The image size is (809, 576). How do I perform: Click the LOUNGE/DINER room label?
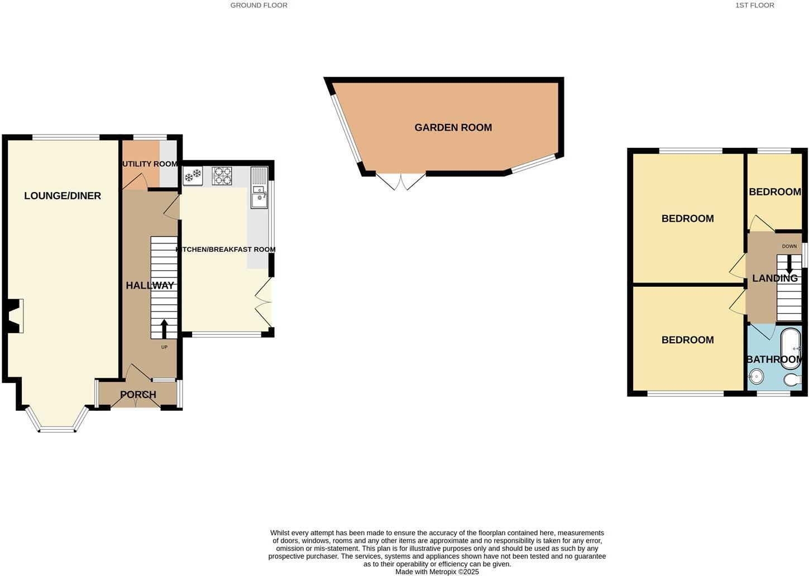[63, 196]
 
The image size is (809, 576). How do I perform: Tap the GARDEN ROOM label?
[453, 128]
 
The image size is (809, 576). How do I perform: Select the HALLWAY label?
[150, 286]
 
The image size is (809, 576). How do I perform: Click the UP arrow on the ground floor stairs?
[164, 329]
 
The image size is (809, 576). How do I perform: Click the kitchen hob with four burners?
[222, 176]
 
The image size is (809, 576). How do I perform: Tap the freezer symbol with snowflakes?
[193, 177]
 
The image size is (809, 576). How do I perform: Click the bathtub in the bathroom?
[790, 348]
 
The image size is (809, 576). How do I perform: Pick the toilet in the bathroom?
[792, 380]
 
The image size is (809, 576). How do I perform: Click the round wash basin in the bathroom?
[756, 377]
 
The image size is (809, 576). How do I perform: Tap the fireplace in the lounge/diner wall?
[16, 316]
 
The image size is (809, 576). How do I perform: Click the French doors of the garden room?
[401, 181]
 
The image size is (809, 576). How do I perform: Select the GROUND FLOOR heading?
[259, 5]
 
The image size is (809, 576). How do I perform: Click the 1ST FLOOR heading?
[754, 5]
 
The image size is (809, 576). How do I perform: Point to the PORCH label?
[138, 395]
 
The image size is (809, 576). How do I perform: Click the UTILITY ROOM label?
[150, 164]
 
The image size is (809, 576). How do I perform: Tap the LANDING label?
[774, 278]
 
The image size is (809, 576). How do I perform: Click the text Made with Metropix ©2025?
[437, 572]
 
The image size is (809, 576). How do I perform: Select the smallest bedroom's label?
[774, 192]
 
